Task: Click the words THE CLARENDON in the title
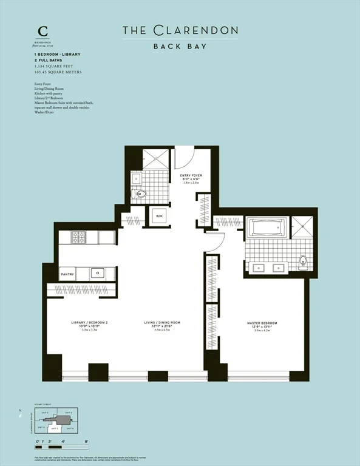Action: (180, 30)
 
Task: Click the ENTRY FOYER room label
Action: (191, 175)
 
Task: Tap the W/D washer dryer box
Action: (160, 216)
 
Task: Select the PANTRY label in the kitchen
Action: (67, 274)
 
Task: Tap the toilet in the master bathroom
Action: (302, 262)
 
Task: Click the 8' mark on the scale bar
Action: (87, 442)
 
